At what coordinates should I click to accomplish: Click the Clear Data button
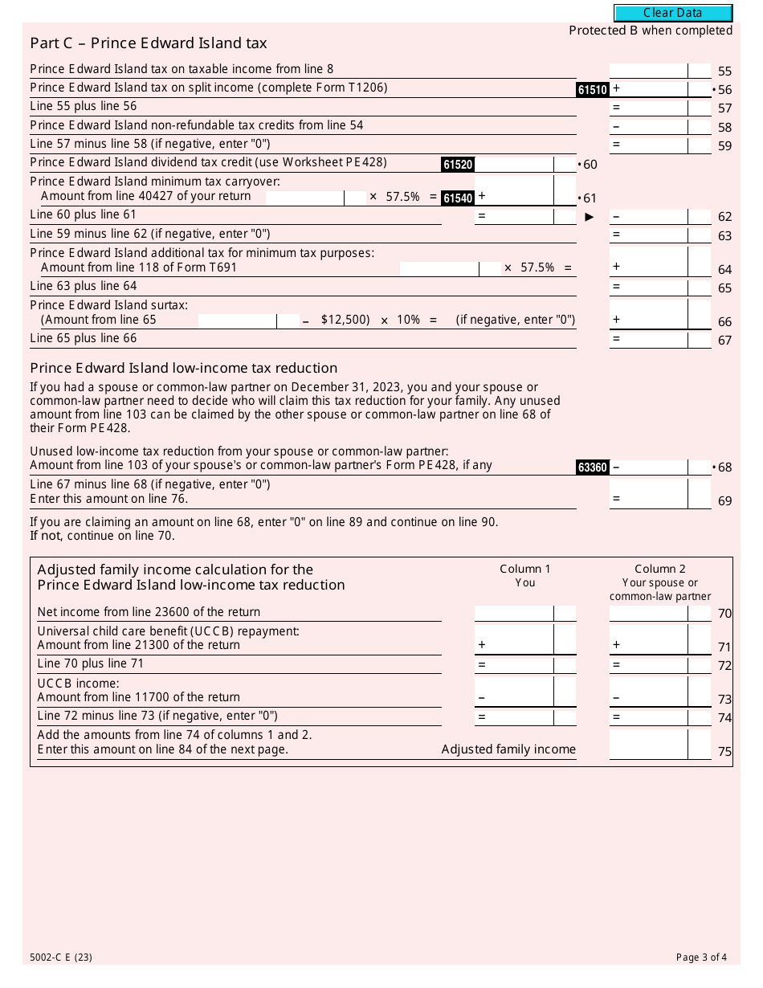point(673,13)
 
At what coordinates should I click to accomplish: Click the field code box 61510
point(592,90)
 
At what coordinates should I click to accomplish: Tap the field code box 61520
point(457,165)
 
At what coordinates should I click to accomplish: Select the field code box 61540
point(457,198)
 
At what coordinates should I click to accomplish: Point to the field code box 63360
point(592,467)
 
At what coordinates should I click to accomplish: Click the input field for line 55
point(648,71)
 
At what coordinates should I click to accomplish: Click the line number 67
point(724,341)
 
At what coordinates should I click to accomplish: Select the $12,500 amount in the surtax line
point(345,320)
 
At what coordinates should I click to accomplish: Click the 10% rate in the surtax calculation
point(408,320)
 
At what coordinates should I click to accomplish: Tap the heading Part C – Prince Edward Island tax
point(149,43)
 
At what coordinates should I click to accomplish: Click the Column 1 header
point(525,569)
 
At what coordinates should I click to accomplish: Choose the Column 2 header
point(660,569)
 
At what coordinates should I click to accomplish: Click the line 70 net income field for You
point(514,613)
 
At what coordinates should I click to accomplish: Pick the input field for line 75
point(648,745)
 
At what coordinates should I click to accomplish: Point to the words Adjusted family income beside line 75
point(508,749)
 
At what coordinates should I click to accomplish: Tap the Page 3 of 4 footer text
point(701,957)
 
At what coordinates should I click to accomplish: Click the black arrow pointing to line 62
point(590,217)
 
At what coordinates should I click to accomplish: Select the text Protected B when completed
point(651,31)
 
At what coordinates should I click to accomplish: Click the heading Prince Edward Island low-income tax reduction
point(183,369)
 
